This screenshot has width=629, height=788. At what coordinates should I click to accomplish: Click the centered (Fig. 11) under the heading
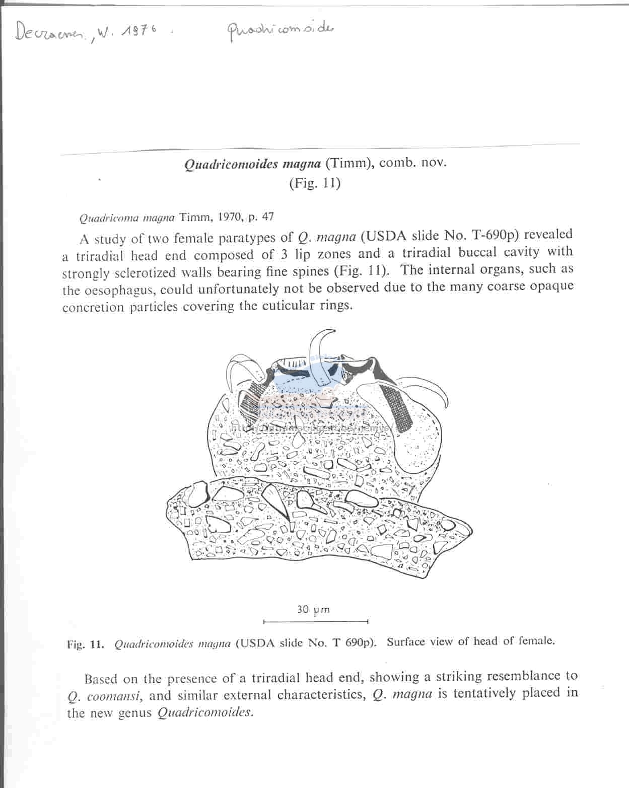pos(314,183)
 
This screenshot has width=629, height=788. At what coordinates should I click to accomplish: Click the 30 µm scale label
pos(313,609)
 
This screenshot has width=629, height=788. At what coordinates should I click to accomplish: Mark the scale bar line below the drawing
pos(316,621)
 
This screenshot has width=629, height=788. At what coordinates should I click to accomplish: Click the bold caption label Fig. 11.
pos(86,644)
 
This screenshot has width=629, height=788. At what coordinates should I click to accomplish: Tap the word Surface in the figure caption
pos(407,642)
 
